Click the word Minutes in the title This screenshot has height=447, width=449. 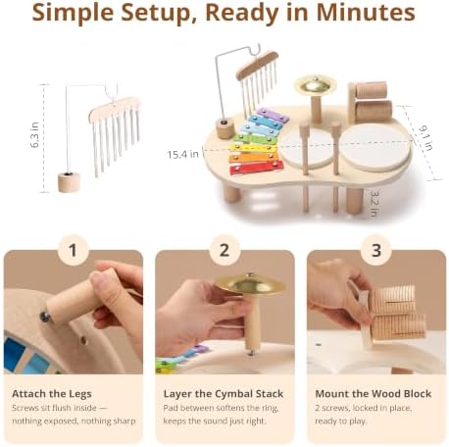[x=366, y=13]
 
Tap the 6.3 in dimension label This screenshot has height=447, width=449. [x=34, y=134]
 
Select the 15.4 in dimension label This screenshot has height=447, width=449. [x=182, y=154]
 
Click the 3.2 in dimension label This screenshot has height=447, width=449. [x=374, y=203]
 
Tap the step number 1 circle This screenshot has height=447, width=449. [x=73, y=251]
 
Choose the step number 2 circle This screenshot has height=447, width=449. [x=224, y=251]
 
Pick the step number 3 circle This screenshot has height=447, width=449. [x=376, y=251]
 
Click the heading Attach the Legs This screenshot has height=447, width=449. [x=52, y=394]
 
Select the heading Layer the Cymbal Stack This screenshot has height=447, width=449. [x=224, y=394]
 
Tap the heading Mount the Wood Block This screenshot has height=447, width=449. [x=374, y=394]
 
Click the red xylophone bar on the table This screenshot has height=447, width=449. [x=257, y=168]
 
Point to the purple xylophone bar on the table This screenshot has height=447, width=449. [x=273, y=116]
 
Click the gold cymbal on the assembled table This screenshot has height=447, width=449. [x=315, y=85]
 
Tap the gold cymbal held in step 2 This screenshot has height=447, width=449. [x=250, y=283]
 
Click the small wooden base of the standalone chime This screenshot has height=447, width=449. [x=69, y=182]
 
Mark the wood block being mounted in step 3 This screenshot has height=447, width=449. [x=392, y=313]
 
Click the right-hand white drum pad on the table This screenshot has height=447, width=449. [x=375, y=146]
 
